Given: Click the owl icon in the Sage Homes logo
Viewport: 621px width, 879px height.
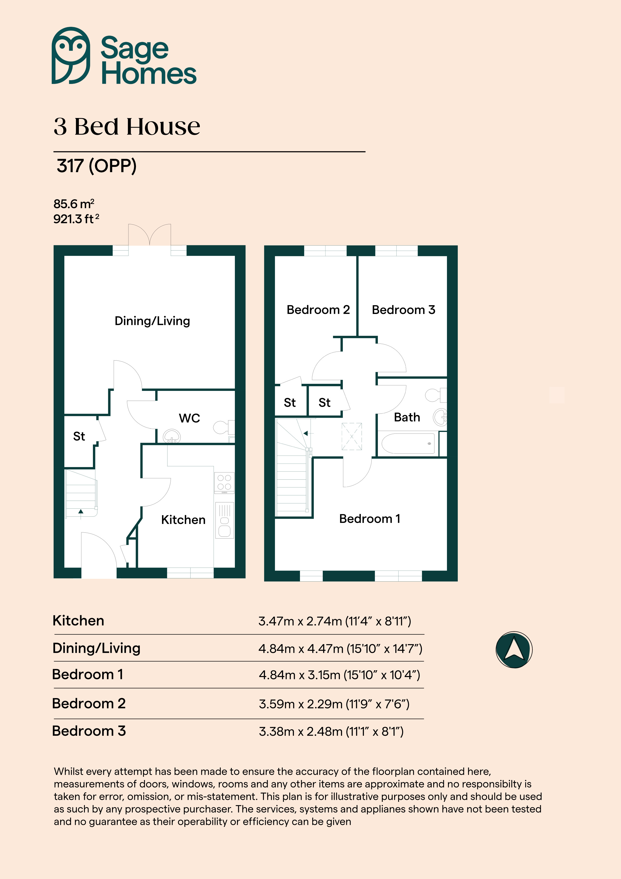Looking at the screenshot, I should click(x=71, y=56).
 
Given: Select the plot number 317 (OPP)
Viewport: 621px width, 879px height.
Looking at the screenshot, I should click(x=96, y=166).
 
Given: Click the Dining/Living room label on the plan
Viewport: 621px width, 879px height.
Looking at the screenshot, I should click(x=152, y=321).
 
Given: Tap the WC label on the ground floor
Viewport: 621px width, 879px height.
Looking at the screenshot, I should click(x=189, y=418).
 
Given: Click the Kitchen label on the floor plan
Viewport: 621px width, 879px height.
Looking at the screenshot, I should click(x=183, y=520).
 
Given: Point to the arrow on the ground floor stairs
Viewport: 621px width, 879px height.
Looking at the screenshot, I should click(x=81, y=512).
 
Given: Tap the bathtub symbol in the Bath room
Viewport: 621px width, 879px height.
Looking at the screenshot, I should click(x=408, y=443).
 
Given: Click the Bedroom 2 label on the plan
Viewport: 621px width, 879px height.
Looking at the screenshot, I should click(x=318, y=310).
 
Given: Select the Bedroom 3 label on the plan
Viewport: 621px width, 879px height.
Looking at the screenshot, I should click(x=404, y=310).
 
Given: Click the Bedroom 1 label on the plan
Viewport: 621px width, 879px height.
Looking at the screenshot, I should click(x=370, y=519).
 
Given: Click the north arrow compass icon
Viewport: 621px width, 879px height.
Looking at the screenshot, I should click(x=514, y=650).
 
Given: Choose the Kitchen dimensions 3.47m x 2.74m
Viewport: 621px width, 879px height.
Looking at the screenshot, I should click(x=335, y=621).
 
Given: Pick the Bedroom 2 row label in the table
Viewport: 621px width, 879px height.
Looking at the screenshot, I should click(x=89, y=704).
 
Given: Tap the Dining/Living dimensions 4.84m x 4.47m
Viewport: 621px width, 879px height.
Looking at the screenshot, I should click(x=340, y=648).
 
